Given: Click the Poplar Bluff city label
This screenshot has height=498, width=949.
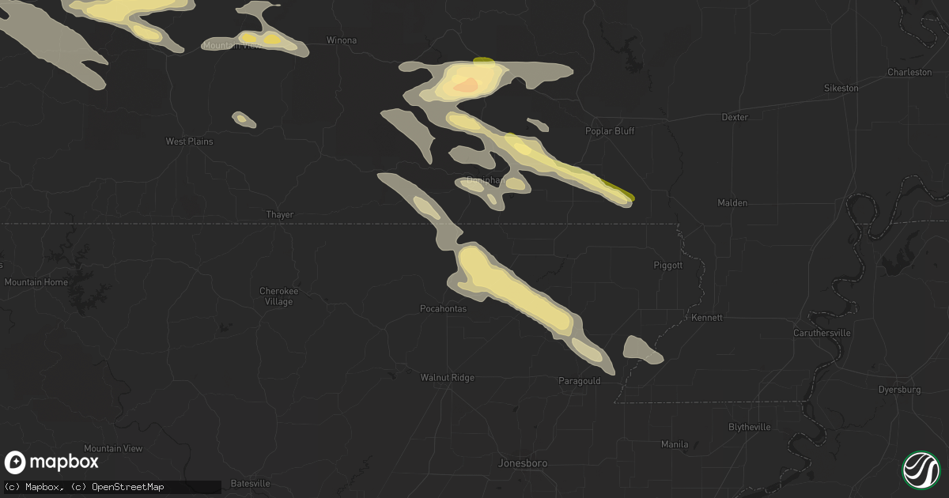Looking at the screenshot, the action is point(610,131).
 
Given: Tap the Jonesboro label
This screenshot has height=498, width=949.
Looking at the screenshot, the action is point(523,463).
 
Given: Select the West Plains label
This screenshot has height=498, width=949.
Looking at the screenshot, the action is point(189,141).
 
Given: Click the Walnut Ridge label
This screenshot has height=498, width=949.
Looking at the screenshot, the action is point(447,378).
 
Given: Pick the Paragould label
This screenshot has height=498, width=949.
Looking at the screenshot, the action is point(579,381).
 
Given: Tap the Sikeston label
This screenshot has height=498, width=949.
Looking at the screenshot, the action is point(841,88).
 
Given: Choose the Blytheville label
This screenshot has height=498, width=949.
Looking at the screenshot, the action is point(749,427).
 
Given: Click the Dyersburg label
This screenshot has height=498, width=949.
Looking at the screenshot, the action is point(900,390).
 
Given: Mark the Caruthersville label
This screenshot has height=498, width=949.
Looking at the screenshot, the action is point(822,333).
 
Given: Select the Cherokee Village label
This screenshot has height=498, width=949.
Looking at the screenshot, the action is point(276,296).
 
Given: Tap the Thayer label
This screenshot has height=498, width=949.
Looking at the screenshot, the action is point(280,214).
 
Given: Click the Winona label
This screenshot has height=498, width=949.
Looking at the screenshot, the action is point(342,40).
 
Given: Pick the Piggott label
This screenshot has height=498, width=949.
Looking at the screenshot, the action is point(668,266).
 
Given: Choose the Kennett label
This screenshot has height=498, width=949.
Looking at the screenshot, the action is point(706,318).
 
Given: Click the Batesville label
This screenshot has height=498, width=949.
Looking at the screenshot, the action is point(251,483).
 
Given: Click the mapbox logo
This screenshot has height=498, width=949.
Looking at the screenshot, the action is point(52,462).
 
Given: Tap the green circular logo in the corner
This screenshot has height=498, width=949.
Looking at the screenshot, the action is point(921,470).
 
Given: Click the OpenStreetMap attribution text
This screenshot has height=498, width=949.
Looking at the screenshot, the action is point(128,487).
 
